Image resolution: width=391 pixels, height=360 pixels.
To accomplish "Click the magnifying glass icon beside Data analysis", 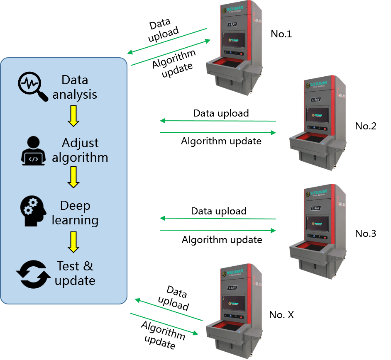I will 32,86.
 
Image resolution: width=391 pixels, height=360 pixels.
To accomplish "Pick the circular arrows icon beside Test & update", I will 33,274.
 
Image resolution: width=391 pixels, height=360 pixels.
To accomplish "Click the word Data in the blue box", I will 75,80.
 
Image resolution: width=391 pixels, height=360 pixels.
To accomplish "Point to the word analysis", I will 75,94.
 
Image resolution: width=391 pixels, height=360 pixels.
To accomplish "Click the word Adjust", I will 80,143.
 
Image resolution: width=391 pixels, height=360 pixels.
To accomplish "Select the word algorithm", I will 80,158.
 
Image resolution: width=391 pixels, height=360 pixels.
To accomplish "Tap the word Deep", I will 75,206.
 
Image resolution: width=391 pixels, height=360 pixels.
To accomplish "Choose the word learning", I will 75,220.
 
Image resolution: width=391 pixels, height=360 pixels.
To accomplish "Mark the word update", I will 75,281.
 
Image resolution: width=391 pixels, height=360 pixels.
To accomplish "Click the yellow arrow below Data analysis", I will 73,116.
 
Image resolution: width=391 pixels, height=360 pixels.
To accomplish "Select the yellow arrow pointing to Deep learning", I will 73,178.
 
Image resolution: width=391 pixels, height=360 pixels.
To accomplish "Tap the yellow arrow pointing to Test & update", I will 73,242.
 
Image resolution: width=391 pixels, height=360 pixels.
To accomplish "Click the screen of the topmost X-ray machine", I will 234,41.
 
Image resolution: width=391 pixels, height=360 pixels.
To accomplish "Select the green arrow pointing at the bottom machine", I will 164,324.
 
